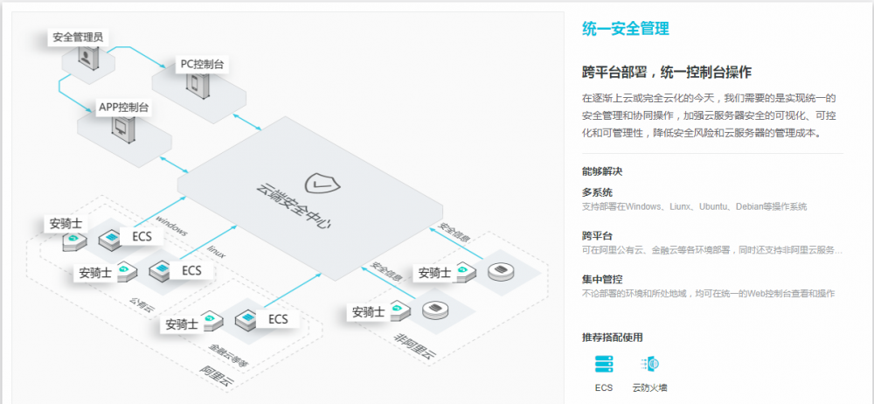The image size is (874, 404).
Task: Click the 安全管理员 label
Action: [79, 38]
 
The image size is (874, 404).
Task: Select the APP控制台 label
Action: [123, 108]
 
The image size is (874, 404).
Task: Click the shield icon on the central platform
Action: [320, 183]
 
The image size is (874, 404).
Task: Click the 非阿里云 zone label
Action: [414, 341]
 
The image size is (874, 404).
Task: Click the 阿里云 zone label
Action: [214, 373]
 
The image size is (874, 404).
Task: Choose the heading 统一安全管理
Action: [626, 29]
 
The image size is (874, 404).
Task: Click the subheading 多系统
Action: [597, 192]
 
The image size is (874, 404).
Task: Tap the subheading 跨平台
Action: [597, 235]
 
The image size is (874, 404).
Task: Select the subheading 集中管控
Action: [602, 279]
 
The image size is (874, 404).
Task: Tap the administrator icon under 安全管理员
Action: [86, 58]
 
